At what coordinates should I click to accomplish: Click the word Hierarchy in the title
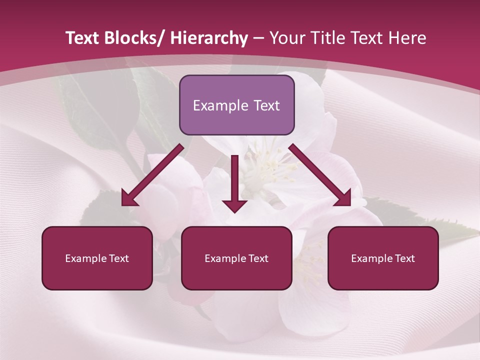[x=209, y=38]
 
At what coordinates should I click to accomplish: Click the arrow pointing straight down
[x=234, y=180]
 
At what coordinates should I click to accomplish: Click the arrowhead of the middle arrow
[x=234, y=205]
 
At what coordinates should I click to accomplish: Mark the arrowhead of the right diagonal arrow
[x=344, y=198]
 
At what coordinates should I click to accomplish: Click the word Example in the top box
[x=220, y=105]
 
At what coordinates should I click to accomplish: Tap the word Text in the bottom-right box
[x=404, y=258]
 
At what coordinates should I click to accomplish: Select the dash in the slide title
[x=258, y=38]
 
